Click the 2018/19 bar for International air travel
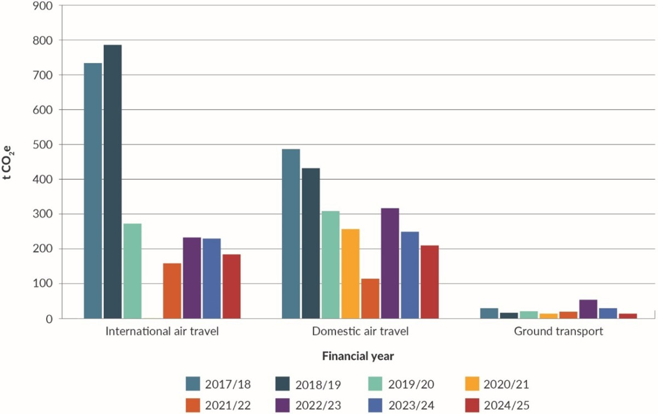click(112, 182)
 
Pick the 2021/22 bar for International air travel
click(172, 291)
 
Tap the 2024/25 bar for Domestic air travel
click(429, 282)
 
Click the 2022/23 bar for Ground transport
click(588, 309)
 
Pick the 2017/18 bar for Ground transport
click(489, 313)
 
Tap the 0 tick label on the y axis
click(48, 319)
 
